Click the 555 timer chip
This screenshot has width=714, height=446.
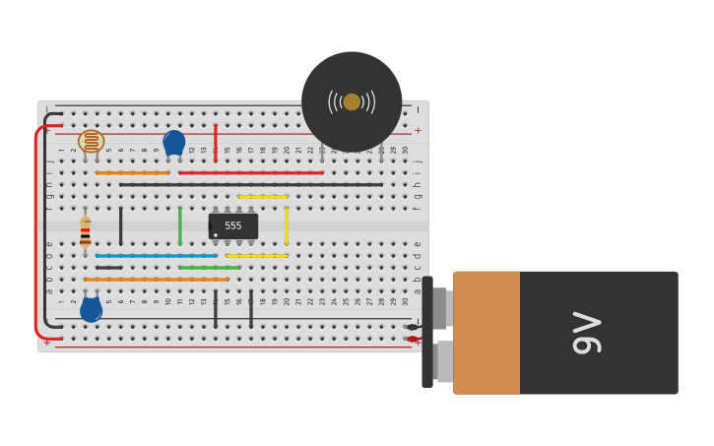[233, 226]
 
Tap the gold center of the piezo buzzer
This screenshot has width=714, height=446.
[352, 101]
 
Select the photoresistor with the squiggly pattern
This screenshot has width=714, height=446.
[91, 141]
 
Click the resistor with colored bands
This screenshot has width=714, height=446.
[86, 231]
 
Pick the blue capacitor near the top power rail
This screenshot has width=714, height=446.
[174, 142]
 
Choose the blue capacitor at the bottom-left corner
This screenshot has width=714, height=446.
[91, 310]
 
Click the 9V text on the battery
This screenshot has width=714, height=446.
[587, 333]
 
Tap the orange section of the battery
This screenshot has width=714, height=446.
[487, 333]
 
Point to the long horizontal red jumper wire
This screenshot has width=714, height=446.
[251, 173]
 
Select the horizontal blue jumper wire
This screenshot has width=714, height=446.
[156, 256]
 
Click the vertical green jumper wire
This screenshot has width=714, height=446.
[180, 225]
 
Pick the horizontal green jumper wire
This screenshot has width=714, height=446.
[210, 268]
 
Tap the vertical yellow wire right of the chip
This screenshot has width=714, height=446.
[287, 225]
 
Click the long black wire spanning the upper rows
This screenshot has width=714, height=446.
[251, 184]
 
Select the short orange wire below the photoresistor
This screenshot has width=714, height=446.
[132, 173]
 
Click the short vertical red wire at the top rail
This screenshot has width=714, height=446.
[216, 143]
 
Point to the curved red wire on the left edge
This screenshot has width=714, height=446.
[37, 231]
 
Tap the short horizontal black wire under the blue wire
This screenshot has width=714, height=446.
[109, 268]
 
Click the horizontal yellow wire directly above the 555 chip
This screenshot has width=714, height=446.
[263, 197]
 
